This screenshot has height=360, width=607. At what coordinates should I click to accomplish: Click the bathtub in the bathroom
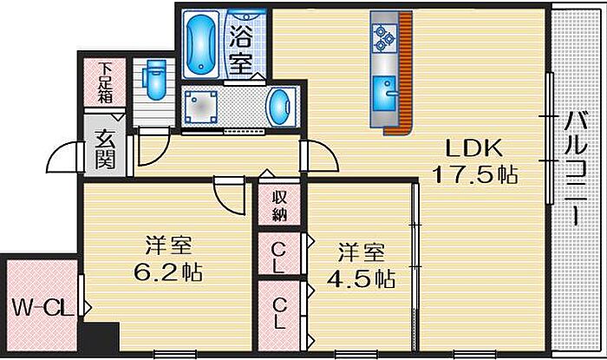coord(200,43)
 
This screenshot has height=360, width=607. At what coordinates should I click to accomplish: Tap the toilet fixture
coord(154,79)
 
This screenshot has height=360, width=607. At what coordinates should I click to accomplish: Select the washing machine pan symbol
coord(200,107)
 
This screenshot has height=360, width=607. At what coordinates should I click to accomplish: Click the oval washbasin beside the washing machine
coord(279,107)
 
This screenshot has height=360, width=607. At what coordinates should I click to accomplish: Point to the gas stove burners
coord(385,38)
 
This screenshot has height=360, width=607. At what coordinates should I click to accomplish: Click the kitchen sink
coord(385,94)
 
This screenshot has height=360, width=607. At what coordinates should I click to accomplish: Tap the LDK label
coord(473,147)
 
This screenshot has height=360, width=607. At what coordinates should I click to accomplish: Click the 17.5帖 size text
coord(474,174)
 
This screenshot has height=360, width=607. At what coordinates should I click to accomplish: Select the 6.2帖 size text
coord(168,272)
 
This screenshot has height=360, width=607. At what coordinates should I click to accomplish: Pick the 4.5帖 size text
coord(361,278)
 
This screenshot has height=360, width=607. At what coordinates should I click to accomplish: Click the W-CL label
coord(43,309)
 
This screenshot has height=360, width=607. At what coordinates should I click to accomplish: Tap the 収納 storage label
coord(279,206)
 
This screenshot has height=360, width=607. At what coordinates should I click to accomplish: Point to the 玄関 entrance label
coord(105,150)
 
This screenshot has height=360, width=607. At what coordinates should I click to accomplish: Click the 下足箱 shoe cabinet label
coord(105,82)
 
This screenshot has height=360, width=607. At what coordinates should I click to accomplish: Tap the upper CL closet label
coord(278,258)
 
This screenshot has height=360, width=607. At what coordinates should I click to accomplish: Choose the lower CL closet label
coord(278,313)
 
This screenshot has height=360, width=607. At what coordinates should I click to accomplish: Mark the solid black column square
coord(99,337)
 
